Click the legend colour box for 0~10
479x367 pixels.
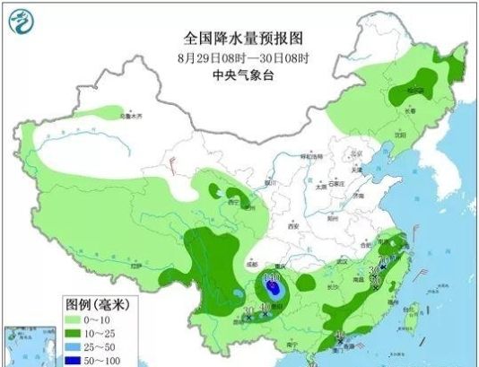(76, 320)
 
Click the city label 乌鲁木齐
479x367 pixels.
(131, 116)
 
